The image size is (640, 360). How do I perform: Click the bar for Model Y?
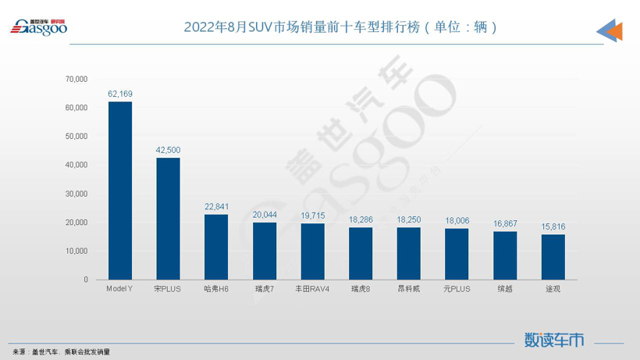tap(120, 191)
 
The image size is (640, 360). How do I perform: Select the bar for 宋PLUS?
tap(168, 219)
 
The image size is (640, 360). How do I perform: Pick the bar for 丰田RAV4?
tap(312, 251)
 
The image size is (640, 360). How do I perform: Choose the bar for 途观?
tap(553, 257)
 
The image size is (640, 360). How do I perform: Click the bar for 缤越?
tap(505, 255)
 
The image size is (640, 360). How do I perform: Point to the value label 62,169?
tap(120, 94)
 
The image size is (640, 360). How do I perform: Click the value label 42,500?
tap(168, 150)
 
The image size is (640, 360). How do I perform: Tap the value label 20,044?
tap(265, 215)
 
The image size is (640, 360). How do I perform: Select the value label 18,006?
tap(457, 221)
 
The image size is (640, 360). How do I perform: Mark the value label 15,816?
tap(553, 226)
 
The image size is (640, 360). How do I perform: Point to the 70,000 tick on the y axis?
tap(76, 79)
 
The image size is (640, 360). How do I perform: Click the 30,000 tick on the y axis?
tap(76, 194)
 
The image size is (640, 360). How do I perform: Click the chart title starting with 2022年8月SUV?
tap(340, 27)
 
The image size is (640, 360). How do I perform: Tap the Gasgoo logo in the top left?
tap(38, 27)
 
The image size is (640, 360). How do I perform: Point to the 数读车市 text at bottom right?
tap(554, 340)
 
